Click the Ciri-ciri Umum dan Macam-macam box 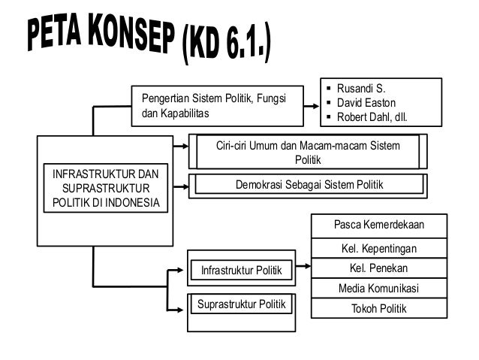pos(308,152)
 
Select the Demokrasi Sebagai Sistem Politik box pos(307,183)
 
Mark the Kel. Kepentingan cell pos(378,248)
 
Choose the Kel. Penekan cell pos(378,268)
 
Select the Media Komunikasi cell pos(378,289)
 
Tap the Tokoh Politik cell pos(378,309)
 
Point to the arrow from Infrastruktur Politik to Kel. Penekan pos(302,267)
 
